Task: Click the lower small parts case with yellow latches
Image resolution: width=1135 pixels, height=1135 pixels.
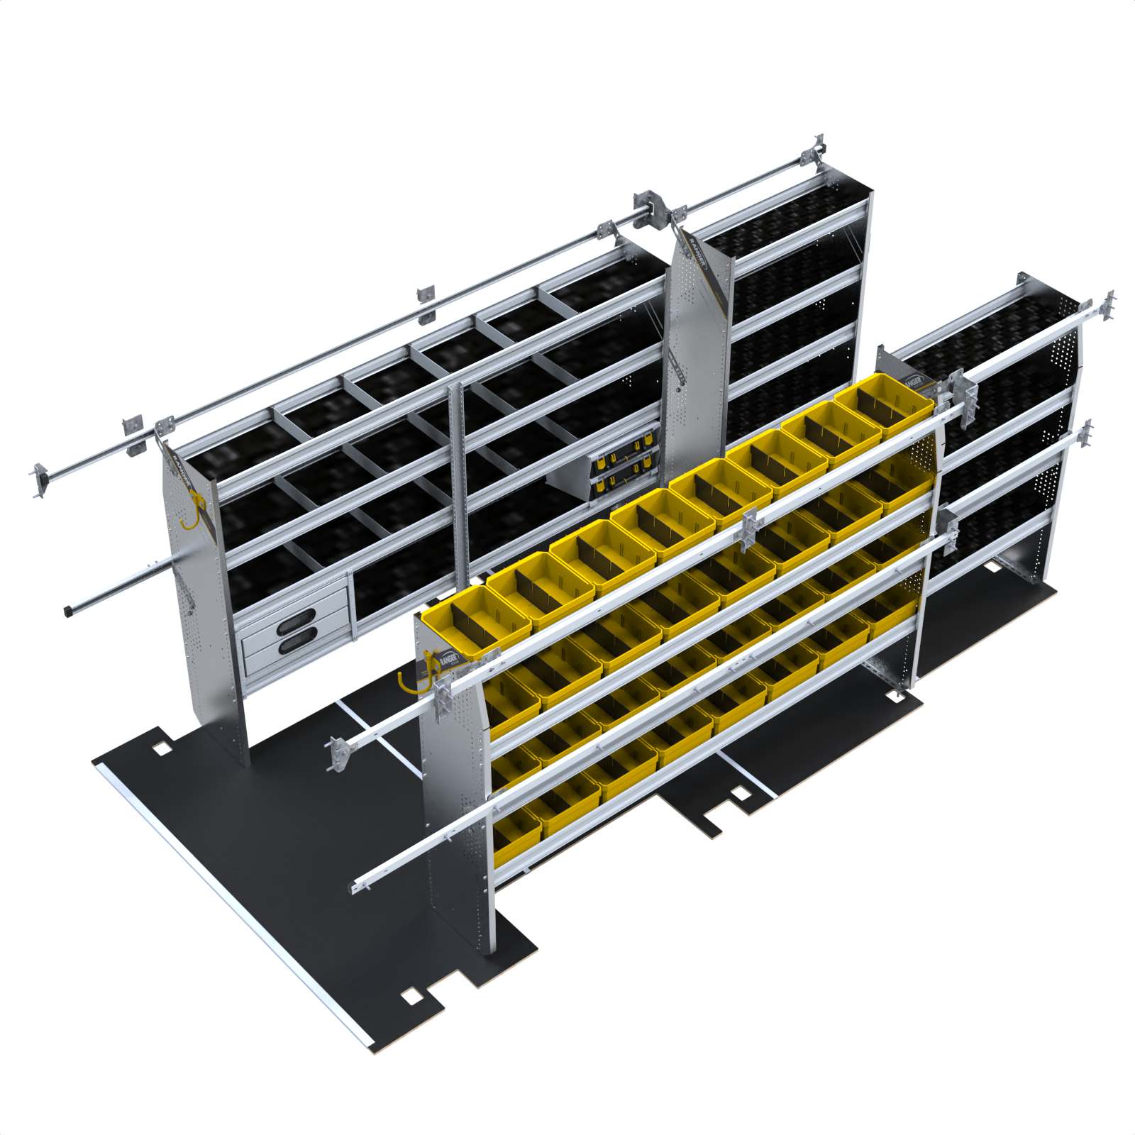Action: coord(624,485)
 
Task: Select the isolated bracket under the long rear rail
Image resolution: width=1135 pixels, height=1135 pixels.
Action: coord(426,296)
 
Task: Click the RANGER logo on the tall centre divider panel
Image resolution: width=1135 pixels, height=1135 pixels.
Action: coord(698,258)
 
